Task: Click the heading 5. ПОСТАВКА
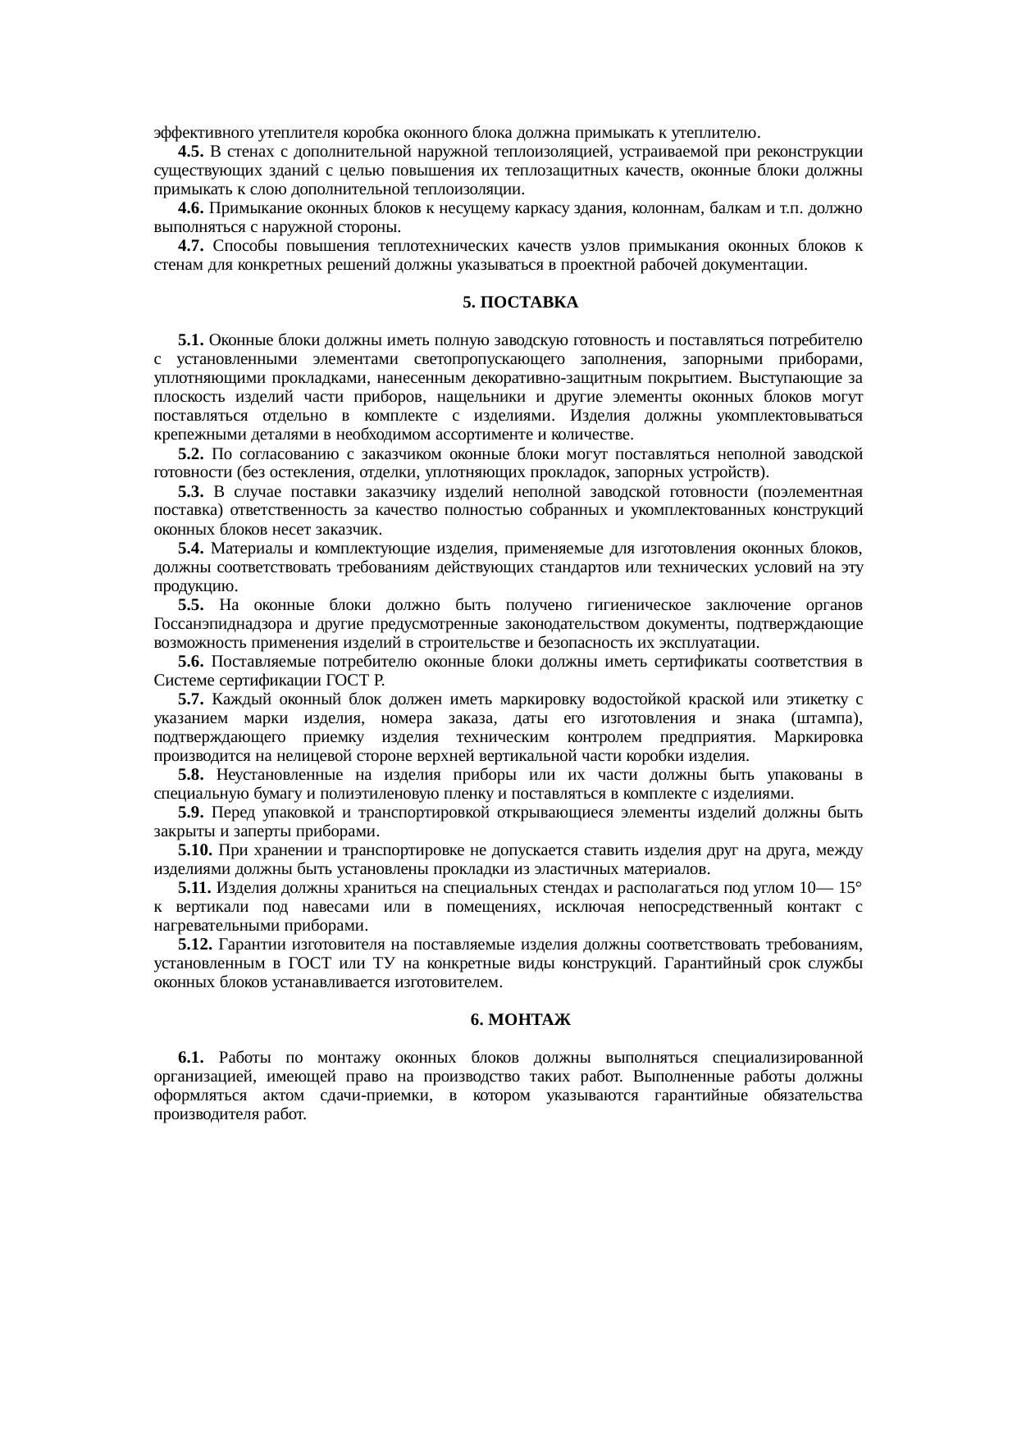pyautogui.click(x=520, y=303)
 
